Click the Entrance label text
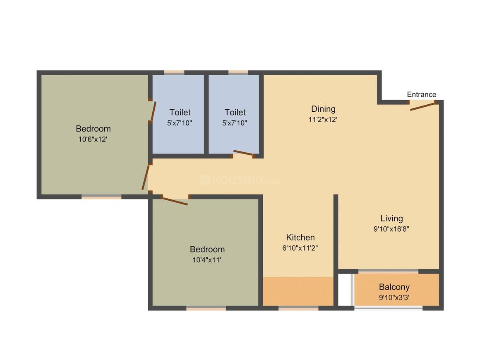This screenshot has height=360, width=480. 421,94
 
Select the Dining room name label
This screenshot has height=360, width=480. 323,109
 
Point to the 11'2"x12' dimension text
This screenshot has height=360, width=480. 323,120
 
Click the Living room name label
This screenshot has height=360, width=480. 391,218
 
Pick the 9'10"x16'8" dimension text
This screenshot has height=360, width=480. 391,228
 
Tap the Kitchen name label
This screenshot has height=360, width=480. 300,237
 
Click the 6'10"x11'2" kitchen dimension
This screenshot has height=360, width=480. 300,248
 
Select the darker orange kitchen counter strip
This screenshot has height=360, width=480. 298,291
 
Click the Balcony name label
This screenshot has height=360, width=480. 394,287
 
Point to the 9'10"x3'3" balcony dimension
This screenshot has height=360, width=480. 394,297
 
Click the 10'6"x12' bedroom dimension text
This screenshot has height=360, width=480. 93,139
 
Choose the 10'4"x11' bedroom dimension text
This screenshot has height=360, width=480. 207,260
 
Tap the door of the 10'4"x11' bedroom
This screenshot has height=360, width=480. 175,201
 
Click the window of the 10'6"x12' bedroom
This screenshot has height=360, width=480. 101,197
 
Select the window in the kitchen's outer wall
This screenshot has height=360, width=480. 298,308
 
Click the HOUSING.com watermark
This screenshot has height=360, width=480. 240,180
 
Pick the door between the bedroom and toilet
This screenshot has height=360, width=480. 153,110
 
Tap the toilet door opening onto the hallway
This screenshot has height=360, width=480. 243,154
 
